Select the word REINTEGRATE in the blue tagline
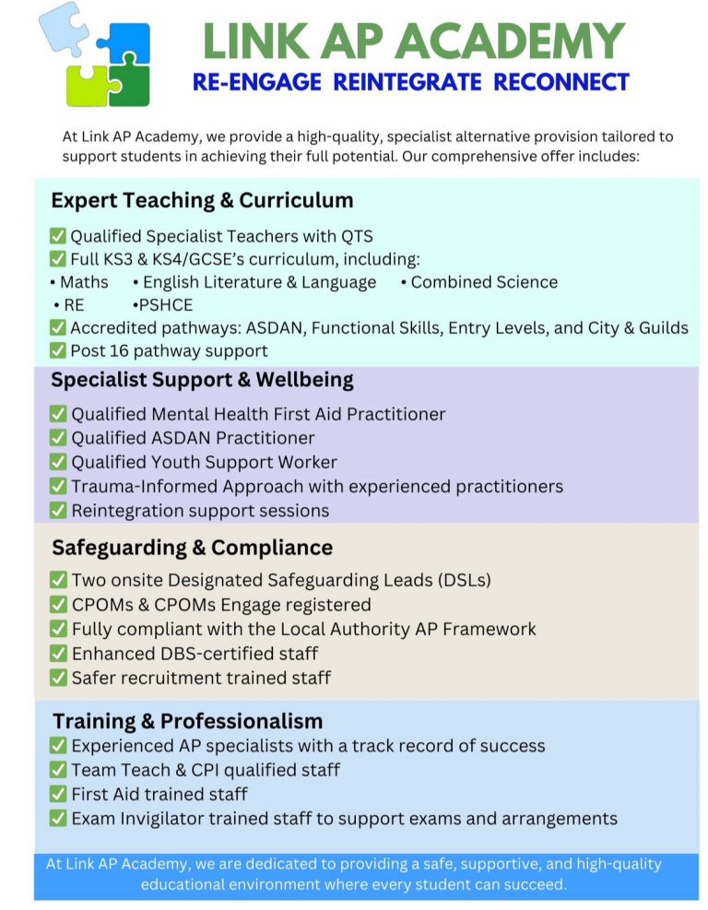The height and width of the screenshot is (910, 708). point(408,81)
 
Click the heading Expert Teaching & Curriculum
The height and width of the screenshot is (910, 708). point(202,200)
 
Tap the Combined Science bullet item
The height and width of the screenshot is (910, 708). point(484,282)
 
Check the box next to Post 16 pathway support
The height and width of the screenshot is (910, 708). point(58,350)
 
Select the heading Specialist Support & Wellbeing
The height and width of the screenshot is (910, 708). point(202,380)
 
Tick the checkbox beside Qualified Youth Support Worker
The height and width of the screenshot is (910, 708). point(58,462)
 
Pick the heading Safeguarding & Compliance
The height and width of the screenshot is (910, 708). point(192,548)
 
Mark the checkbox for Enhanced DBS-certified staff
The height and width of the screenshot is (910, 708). point(58,654)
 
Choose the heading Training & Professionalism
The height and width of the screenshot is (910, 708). point(188,721)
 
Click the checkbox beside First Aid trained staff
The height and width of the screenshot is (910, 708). point(58,794)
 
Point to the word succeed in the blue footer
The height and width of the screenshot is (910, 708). point(536,884)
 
